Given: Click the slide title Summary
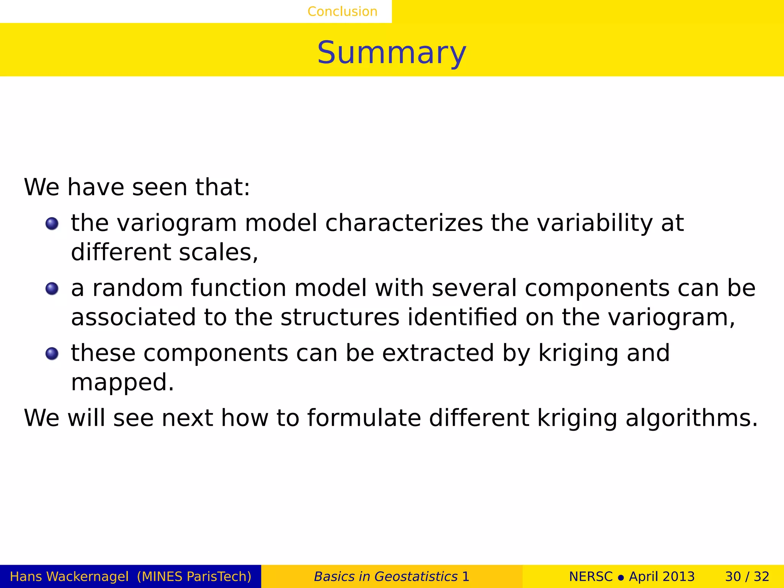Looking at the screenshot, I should (392, 52).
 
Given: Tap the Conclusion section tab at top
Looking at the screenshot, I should (342, 11).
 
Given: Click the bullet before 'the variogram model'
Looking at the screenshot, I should (52, 224).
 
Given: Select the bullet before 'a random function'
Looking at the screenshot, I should (52, 289).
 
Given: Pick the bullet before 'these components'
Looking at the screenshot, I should (52, 354).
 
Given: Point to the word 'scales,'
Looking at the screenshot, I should (219, 253).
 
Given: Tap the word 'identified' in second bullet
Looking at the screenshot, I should (462, 317).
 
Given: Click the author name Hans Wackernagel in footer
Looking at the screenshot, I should (69, 577).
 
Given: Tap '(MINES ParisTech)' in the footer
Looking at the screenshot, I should (194, 577).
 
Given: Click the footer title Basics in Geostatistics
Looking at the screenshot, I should (385, 577).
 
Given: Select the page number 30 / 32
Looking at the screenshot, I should (747, 577).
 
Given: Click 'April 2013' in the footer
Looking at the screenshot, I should (661, 577).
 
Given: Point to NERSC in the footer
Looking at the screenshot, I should (591, 577).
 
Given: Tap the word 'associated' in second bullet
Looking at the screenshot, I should (133, 317).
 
